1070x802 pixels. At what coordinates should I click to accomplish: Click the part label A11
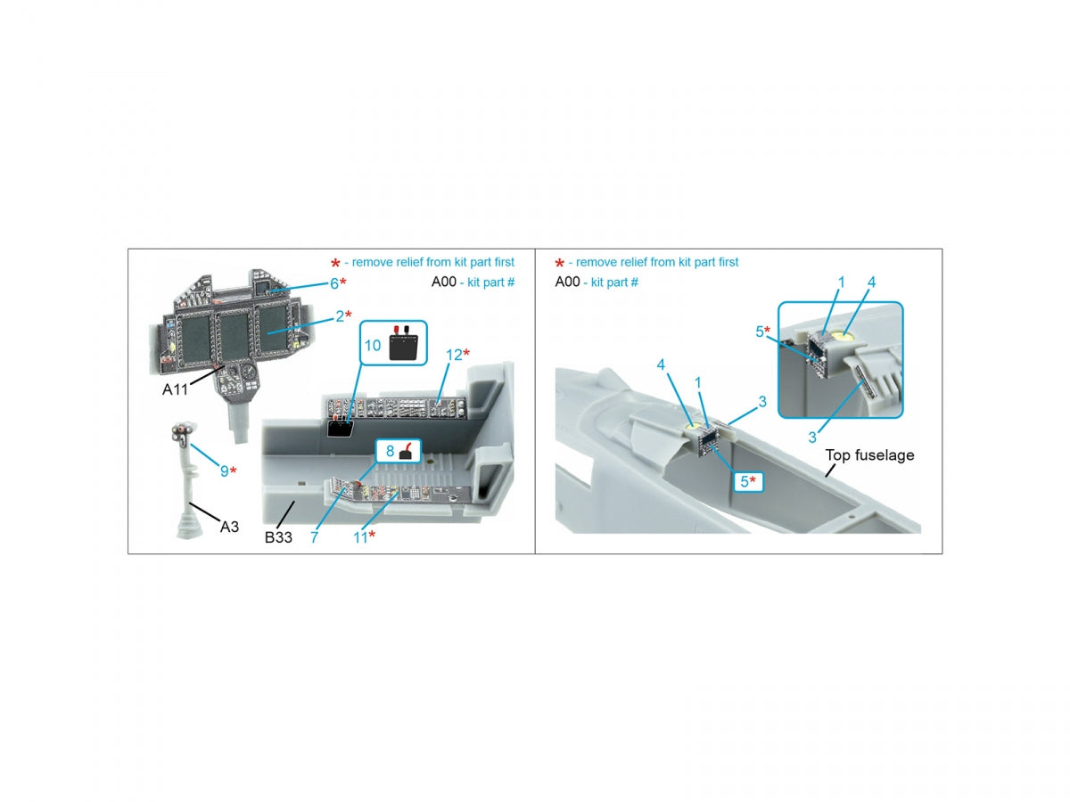click(x=175, y=389)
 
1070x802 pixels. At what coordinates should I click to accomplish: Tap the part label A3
click(x=229, y=527)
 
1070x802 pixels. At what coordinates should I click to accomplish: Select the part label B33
click(x=278, y=537)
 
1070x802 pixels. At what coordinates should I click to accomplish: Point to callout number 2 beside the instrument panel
click(x=340, y=316)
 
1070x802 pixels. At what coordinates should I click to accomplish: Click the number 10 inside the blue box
click(x=373, y=345)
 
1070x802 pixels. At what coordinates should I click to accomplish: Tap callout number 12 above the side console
click(x=453, y=355)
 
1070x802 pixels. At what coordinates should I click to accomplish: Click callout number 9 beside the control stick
click(x=224, y=471)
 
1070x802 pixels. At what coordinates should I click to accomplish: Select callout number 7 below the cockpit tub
click(x=314, y=537)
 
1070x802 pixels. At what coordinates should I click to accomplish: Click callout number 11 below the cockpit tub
click(x=359, y=537)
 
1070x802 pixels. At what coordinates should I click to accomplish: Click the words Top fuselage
click(x=869, y=455)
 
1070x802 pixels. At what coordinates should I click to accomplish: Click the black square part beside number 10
click(x=404, y=348)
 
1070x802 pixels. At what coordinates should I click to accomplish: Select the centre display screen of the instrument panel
click(x=233, y=336)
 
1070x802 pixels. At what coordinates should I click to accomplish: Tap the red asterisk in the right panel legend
click(x=559, y=263)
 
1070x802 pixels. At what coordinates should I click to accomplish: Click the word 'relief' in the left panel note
click(x=409, y=262)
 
